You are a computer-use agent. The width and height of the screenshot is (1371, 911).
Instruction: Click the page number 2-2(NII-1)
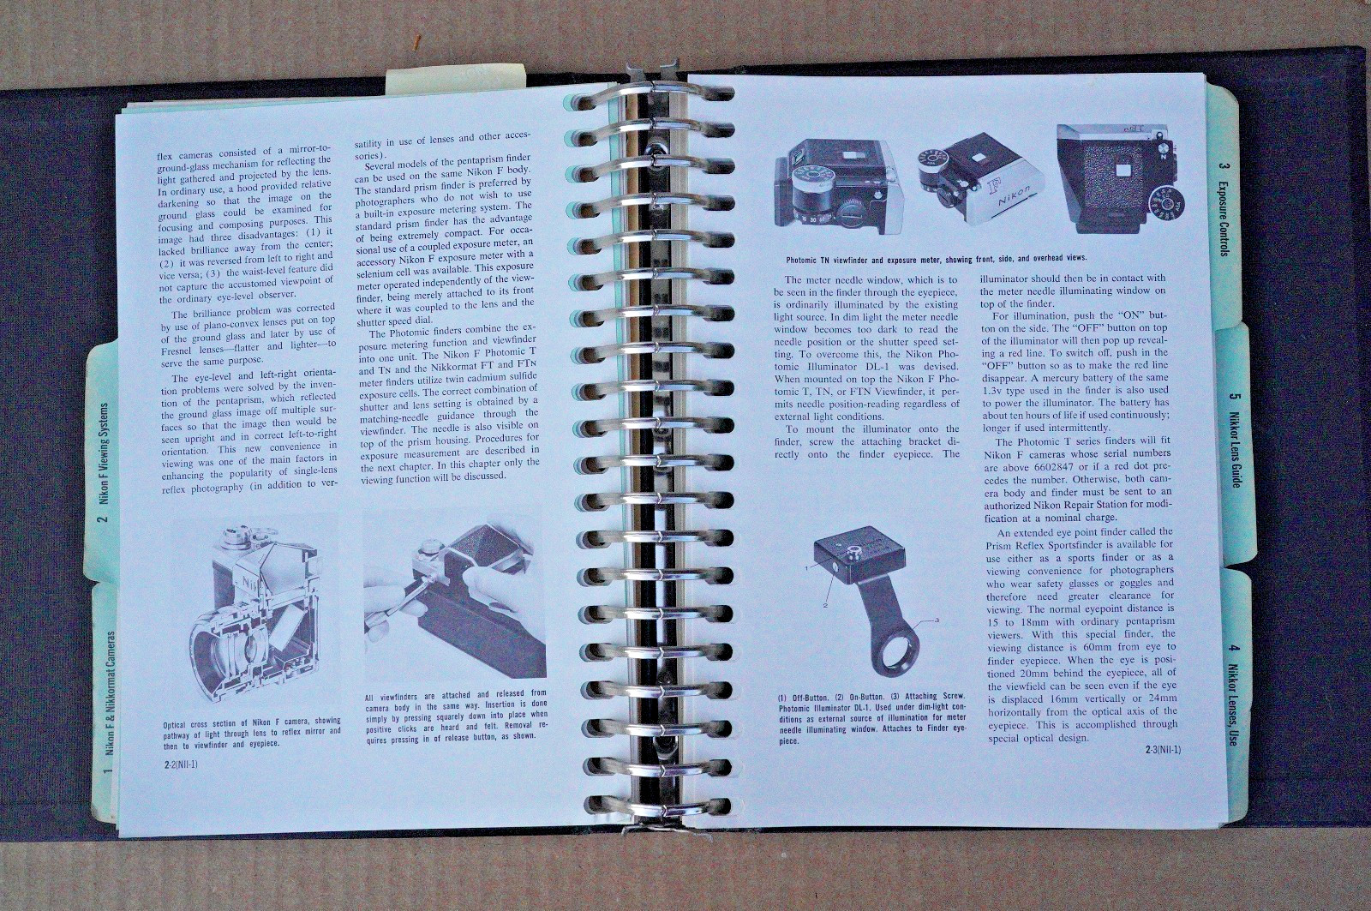coord(179,764)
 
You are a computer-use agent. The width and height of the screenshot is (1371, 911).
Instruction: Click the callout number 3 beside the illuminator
coord(937,620)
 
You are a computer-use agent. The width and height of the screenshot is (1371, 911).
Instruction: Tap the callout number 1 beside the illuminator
coord(807,567)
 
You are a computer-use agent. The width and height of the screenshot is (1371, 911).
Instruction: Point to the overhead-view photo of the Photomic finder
coord(1120,178)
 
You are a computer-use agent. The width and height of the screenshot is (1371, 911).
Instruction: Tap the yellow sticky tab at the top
coord(455,81)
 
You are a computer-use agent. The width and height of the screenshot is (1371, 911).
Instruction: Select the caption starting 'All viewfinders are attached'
coord(455,717)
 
